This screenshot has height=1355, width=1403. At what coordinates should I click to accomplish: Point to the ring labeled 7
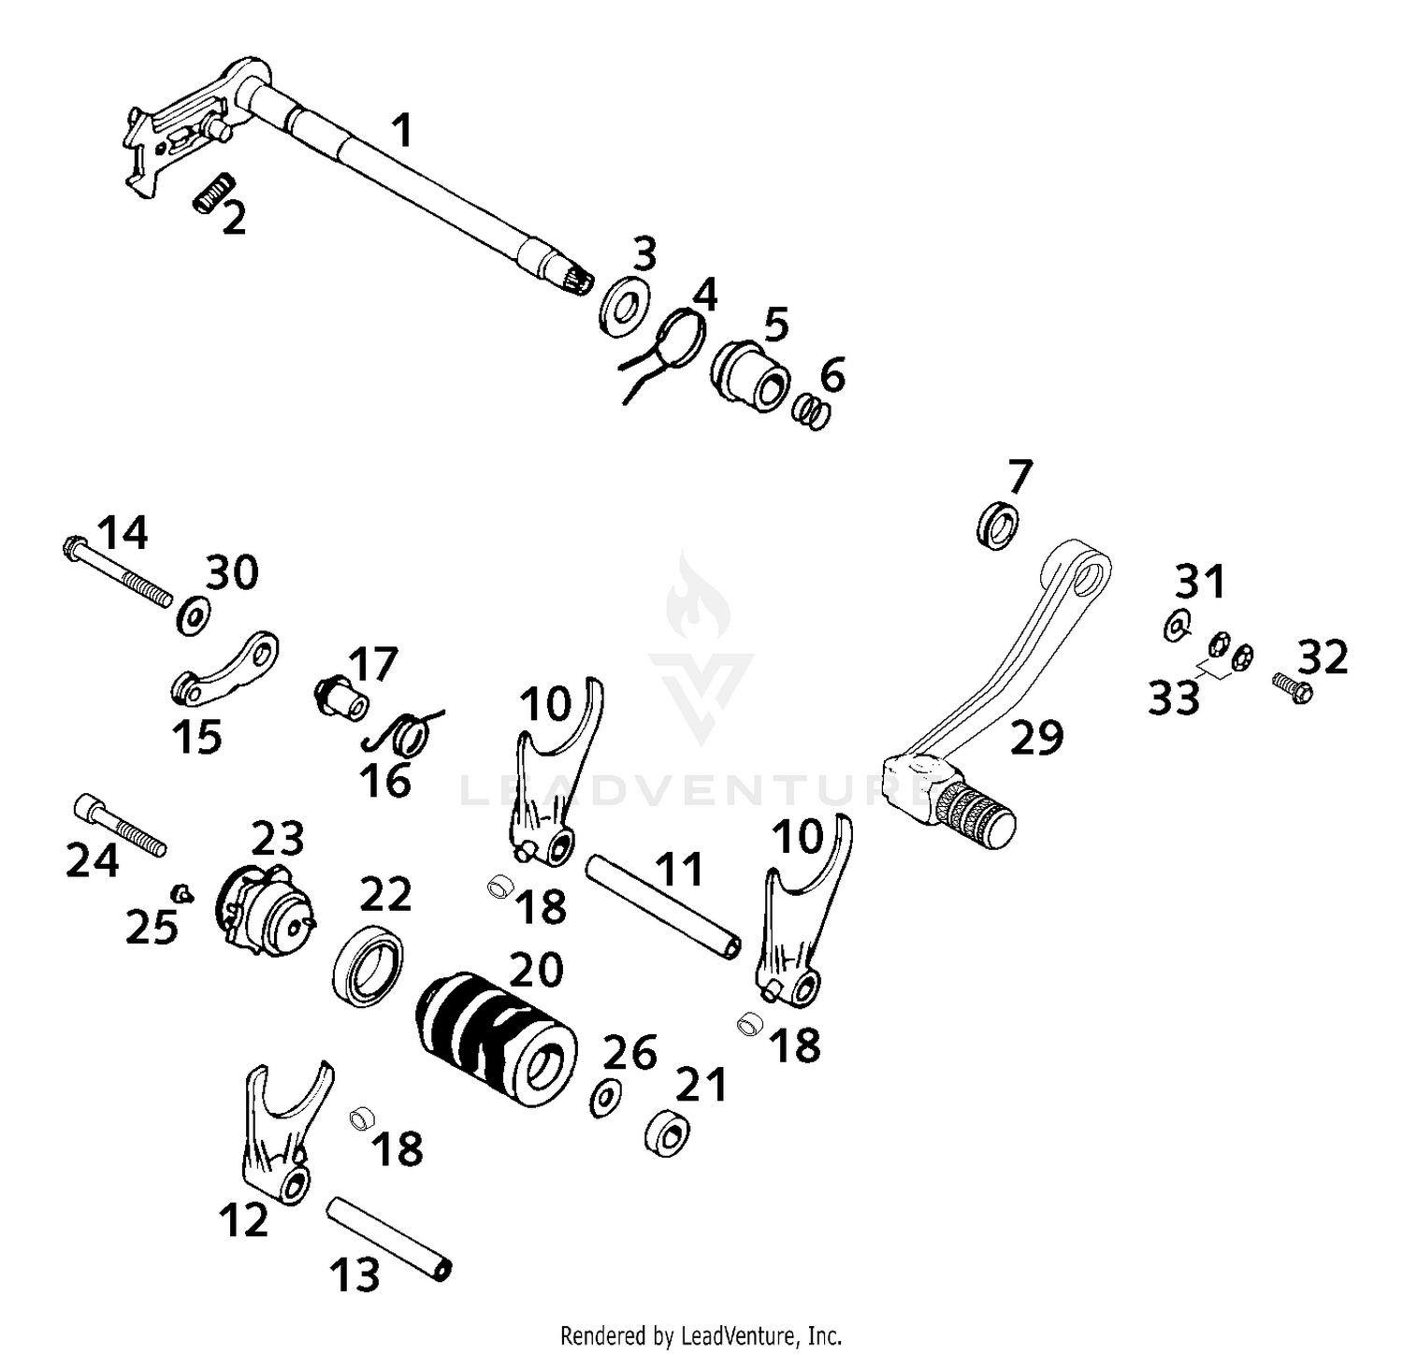[x=998, y=525]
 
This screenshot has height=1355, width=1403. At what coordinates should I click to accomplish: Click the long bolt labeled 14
[x=121, y=569]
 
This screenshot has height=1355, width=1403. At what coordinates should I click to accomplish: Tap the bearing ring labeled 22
[x=369, y=966]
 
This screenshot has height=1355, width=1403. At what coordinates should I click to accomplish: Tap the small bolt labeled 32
[x=1293, y=688]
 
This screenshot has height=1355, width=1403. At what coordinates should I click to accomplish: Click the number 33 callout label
[x=1175, y=698]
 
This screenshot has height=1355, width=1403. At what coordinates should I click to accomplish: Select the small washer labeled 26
[x=606, y=1097]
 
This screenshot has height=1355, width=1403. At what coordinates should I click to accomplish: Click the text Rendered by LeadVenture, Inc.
[x=701, y=1333]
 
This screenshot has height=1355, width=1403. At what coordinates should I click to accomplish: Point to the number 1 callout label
[x=401, y=131]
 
